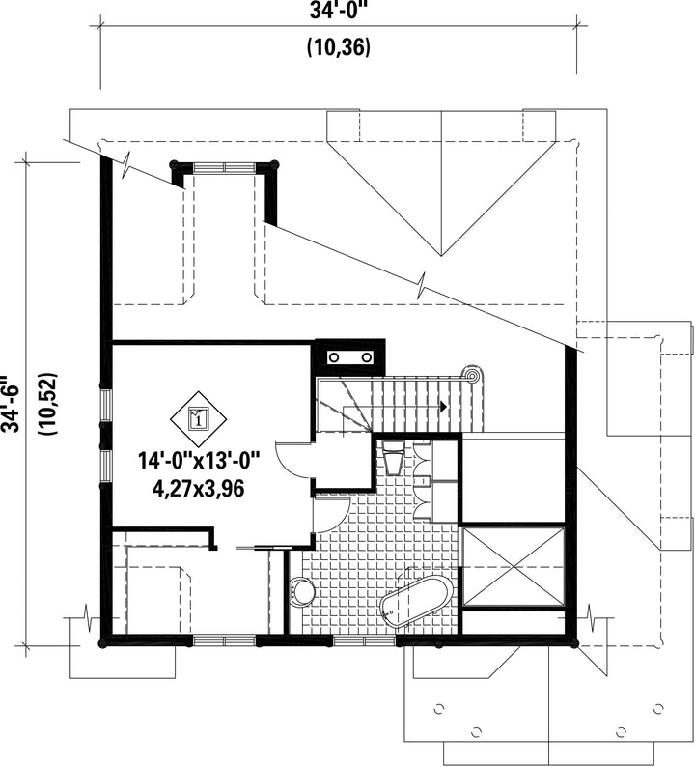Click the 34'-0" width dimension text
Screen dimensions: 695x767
coord(338,11)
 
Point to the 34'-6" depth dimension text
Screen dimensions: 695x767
coord(11,404)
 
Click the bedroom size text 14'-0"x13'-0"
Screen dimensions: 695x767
coord(199,462)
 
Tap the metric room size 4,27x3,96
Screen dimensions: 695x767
coord(199,488)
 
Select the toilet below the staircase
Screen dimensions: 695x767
coord(393,457)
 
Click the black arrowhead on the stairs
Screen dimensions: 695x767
coord(443,406)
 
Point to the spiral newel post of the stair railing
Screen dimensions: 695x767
coord(472,376)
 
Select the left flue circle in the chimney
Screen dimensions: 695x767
coord(334,358)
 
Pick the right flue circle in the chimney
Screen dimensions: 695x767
coord(367,358)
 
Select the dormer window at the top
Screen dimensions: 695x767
coord(224,167)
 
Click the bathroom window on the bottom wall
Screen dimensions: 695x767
coord(365,640)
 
